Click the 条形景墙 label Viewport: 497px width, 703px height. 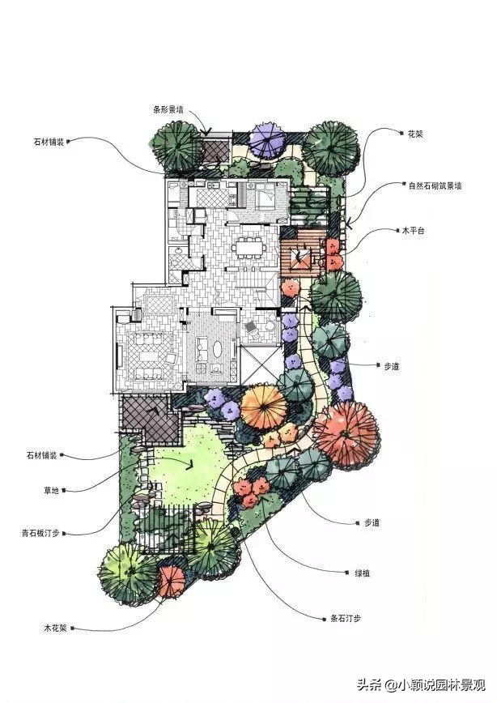point(168,109)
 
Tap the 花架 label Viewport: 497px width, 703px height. point(415,134)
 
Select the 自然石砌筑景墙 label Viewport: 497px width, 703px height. point(435,185)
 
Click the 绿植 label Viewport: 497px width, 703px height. point(363,573)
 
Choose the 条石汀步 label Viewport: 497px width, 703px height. point(345,618)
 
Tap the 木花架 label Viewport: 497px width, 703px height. point(55,628)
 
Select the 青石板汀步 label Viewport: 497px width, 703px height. point(40,534)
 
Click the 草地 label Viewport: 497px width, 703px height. point(51,491)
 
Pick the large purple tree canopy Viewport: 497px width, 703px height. point(267,140)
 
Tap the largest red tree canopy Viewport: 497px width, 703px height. point(347,435)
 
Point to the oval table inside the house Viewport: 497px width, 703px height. point(218,348)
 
